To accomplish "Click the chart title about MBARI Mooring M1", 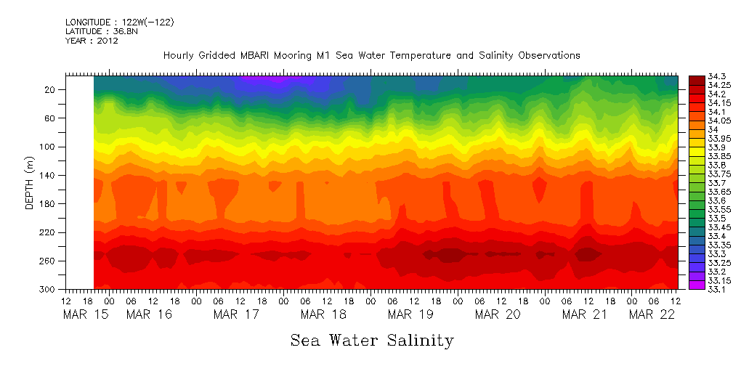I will [371, 55].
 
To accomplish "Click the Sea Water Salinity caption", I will [372, 340].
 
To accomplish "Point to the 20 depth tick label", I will [51, 90].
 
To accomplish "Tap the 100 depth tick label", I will [49, 147].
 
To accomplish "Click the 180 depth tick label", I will [49, 204].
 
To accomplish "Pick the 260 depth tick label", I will [49, 261].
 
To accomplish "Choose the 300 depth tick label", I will [49, 290].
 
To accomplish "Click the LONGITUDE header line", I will [119, 22].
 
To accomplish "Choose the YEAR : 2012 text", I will [92, 41].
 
